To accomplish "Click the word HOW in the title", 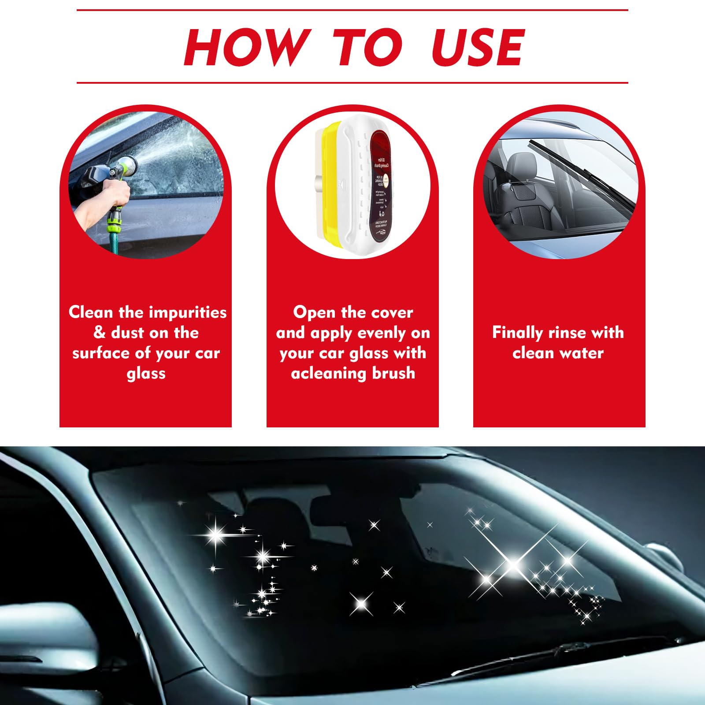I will tap(247, 47).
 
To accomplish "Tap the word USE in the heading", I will tap(478, 47).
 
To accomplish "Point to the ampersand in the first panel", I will tap(99, 333).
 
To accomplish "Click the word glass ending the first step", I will tap(146, 374).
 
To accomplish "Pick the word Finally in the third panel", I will tap(517, 333).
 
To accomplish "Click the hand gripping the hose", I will tap(115, 192).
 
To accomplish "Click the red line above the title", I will tap(352, 10).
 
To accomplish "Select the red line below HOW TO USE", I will tap(352, 82).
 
